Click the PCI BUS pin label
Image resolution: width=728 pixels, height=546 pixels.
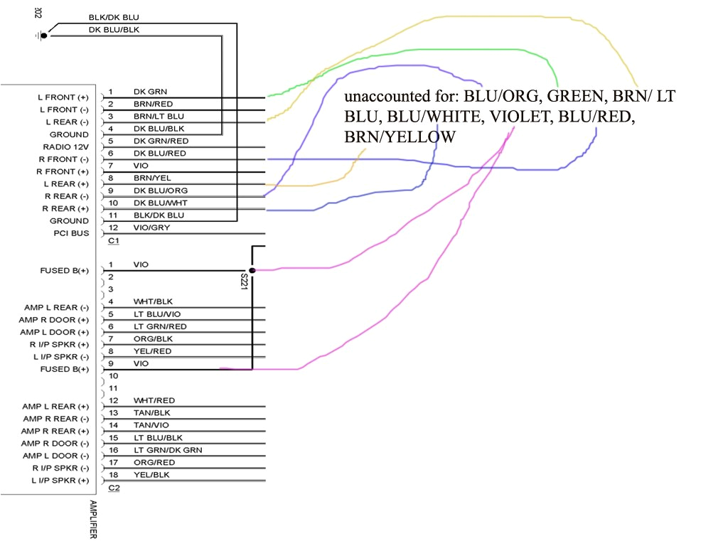coord(70,233)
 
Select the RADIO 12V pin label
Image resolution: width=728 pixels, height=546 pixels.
coord(65,146)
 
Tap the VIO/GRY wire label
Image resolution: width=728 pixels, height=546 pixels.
coord(151,227)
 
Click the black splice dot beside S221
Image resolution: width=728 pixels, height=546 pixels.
coord(252,270)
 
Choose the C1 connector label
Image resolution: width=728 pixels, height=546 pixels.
coord(112,241)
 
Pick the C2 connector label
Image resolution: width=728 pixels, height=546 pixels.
coord(113,488)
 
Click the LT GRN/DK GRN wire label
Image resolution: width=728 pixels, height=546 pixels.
coord(168,449)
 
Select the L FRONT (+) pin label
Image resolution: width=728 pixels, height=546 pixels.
coord(63,97)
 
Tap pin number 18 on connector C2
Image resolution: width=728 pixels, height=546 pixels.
coord(112,474)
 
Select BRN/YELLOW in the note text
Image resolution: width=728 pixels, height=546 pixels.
coord(400,136)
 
